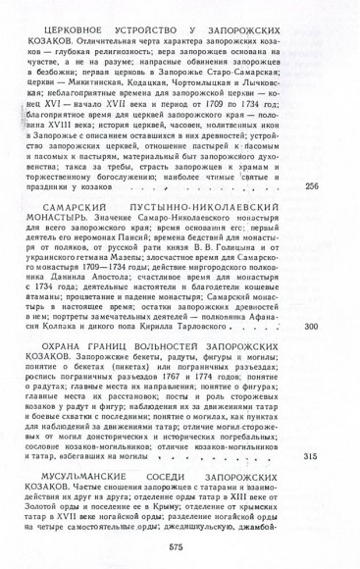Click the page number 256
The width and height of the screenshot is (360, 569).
pos(313,186)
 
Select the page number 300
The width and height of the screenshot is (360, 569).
pos(313,353)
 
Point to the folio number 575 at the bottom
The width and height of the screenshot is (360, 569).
pos(177,546)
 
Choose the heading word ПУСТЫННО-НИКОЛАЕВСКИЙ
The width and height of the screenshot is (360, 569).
pos(228,204)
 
